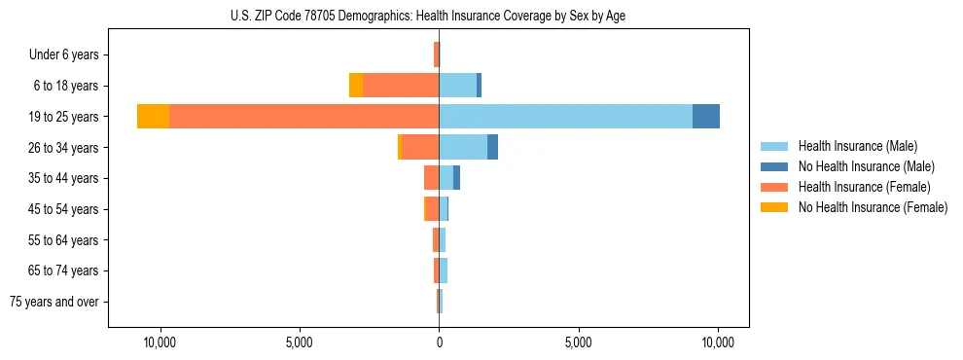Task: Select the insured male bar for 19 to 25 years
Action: click(x=565, y=117)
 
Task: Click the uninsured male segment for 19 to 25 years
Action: click(x=706, y=117)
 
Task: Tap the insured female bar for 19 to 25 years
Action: click(x=303, y=117)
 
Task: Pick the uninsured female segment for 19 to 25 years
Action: click(x=153, y=117)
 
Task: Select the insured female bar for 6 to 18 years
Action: click(x=401, y=86)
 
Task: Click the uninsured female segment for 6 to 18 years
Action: click(x=356, y=86)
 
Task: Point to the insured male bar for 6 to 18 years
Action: click(x=457, y=86)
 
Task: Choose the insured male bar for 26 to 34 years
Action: click(x=463, y=147)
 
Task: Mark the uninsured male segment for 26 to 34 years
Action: click(x=492, y=147)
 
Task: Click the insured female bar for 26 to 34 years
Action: click(x=420, y=147)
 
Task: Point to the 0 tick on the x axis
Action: click(x=439, y=342)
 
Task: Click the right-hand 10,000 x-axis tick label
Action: click(x=718, y=342)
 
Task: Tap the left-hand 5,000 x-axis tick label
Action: click(x=299, y=342)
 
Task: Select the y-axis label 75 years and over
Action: click(x=54, y=302)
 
